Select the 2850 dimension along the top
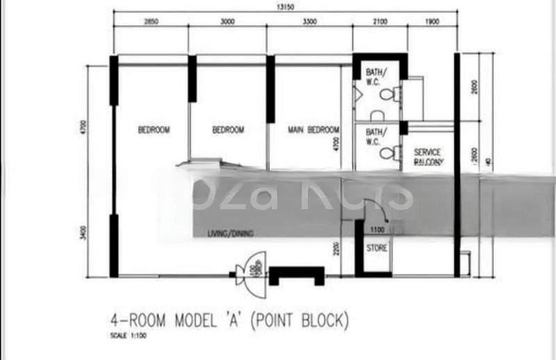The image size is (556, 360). point(152,22)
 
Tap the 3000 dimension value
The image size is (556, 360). point(228,22)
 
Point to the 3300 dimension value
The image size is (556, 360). point(310,22)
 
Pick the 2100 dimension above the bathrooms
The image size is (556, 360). point(379,22)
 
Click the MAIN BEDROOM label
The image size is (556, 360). point(313,130)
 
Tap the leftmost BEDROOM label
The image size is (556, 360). point(154,130)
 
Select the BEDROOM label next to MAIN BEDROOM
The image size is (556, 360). point(228,130)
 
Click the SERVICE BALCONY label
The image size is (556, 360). point(427,156)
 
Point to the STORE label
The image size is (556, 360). point(377,247)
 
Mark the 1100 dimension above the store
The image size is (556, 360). point(377,230)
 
